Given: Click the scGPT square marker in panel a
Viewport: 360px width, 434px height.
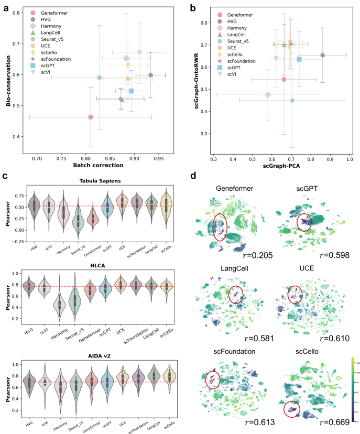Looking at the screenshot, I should click(x=131, y=91).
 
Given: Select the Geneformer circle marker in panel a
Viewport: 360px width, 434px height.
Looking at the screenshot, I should click(x=91, y=117).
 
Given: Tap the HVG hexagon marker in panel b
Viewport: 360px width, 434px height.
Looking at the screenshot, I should click(x=323, y=55).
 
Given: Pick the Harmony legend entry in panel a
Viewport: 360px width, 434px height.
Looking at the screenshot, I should click(x=53, y=25).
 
